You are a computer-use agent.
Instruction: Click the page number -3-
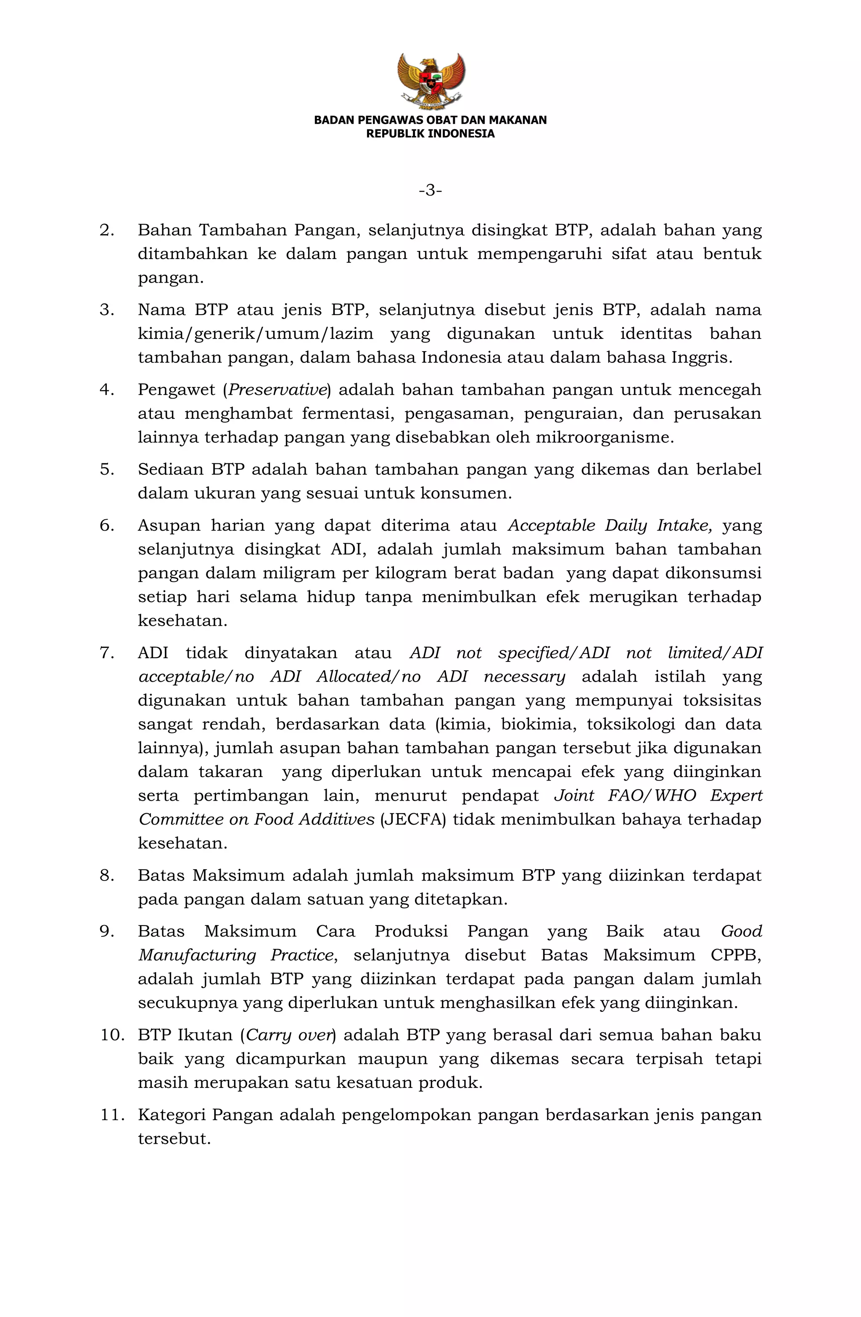[430, 191]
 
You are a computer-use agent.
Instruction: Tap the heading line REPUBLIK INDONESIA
[430, 133]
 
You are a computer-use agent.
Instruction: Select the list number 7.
[106, 653]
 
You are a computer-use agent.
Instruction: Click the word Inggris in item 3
[701, 357]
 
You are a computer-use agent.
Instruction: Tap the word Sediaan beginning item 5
[170, 469]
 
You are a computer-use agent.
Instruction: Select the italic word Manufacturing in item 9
[197, 955]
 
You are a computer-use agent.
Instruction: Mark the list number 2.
[106, 230]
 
